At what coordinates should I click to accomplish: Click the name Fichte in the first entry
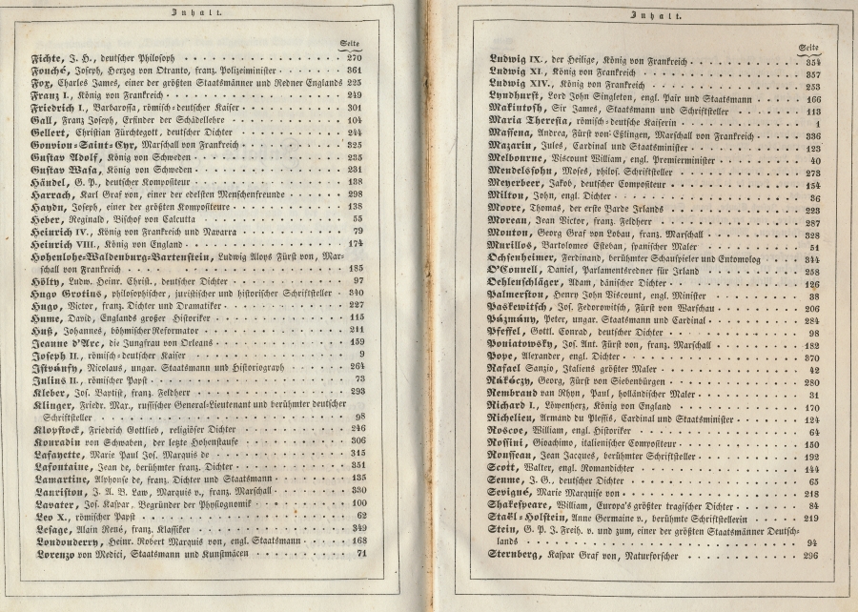pyautogui.click(x=49, y=57)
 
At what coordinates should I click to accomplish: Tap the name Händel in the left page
pyautogui.click(x=51, y=180)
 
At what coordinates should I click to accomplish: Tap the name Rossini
pyautogui.click(x=512, y=442)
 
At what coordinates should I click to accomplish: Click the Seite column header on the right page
pyautogui.click(x=809, y=47)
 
